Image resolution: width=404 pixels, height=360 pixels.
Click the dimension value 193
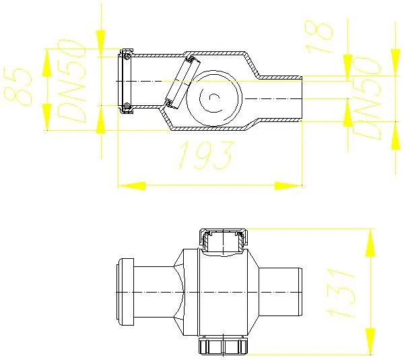(205, 156)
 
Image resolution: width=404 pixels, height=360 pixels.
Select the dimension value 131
(341, 293)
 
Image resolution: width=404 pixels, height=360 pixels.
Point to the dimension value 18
(318, 37)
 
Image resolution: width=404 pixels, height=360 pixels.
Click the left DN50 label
(70, 81)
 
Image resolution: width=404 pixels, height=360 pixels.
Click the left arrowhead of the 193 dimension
(132, 185)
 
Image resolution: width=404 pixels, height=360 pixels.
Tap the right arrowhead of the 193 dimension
(288, 185)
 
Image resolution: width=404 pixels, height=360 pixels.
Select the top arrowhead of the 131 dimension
(370, 243)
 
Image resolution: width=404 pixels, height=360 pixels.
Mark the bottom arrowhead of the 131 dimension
(370, 341)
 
